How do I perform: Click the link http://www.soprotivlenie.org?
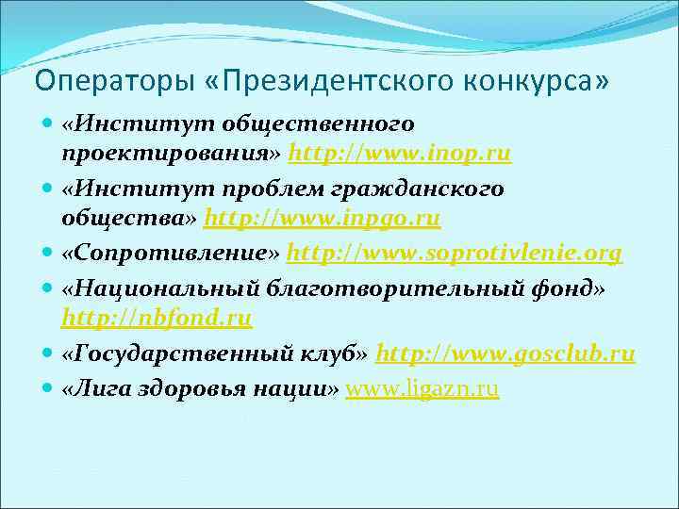coord(454,254)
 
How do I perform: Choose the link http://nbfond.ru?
coord(157,319)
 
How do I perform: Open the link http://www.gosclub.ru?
coord(505,354)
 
